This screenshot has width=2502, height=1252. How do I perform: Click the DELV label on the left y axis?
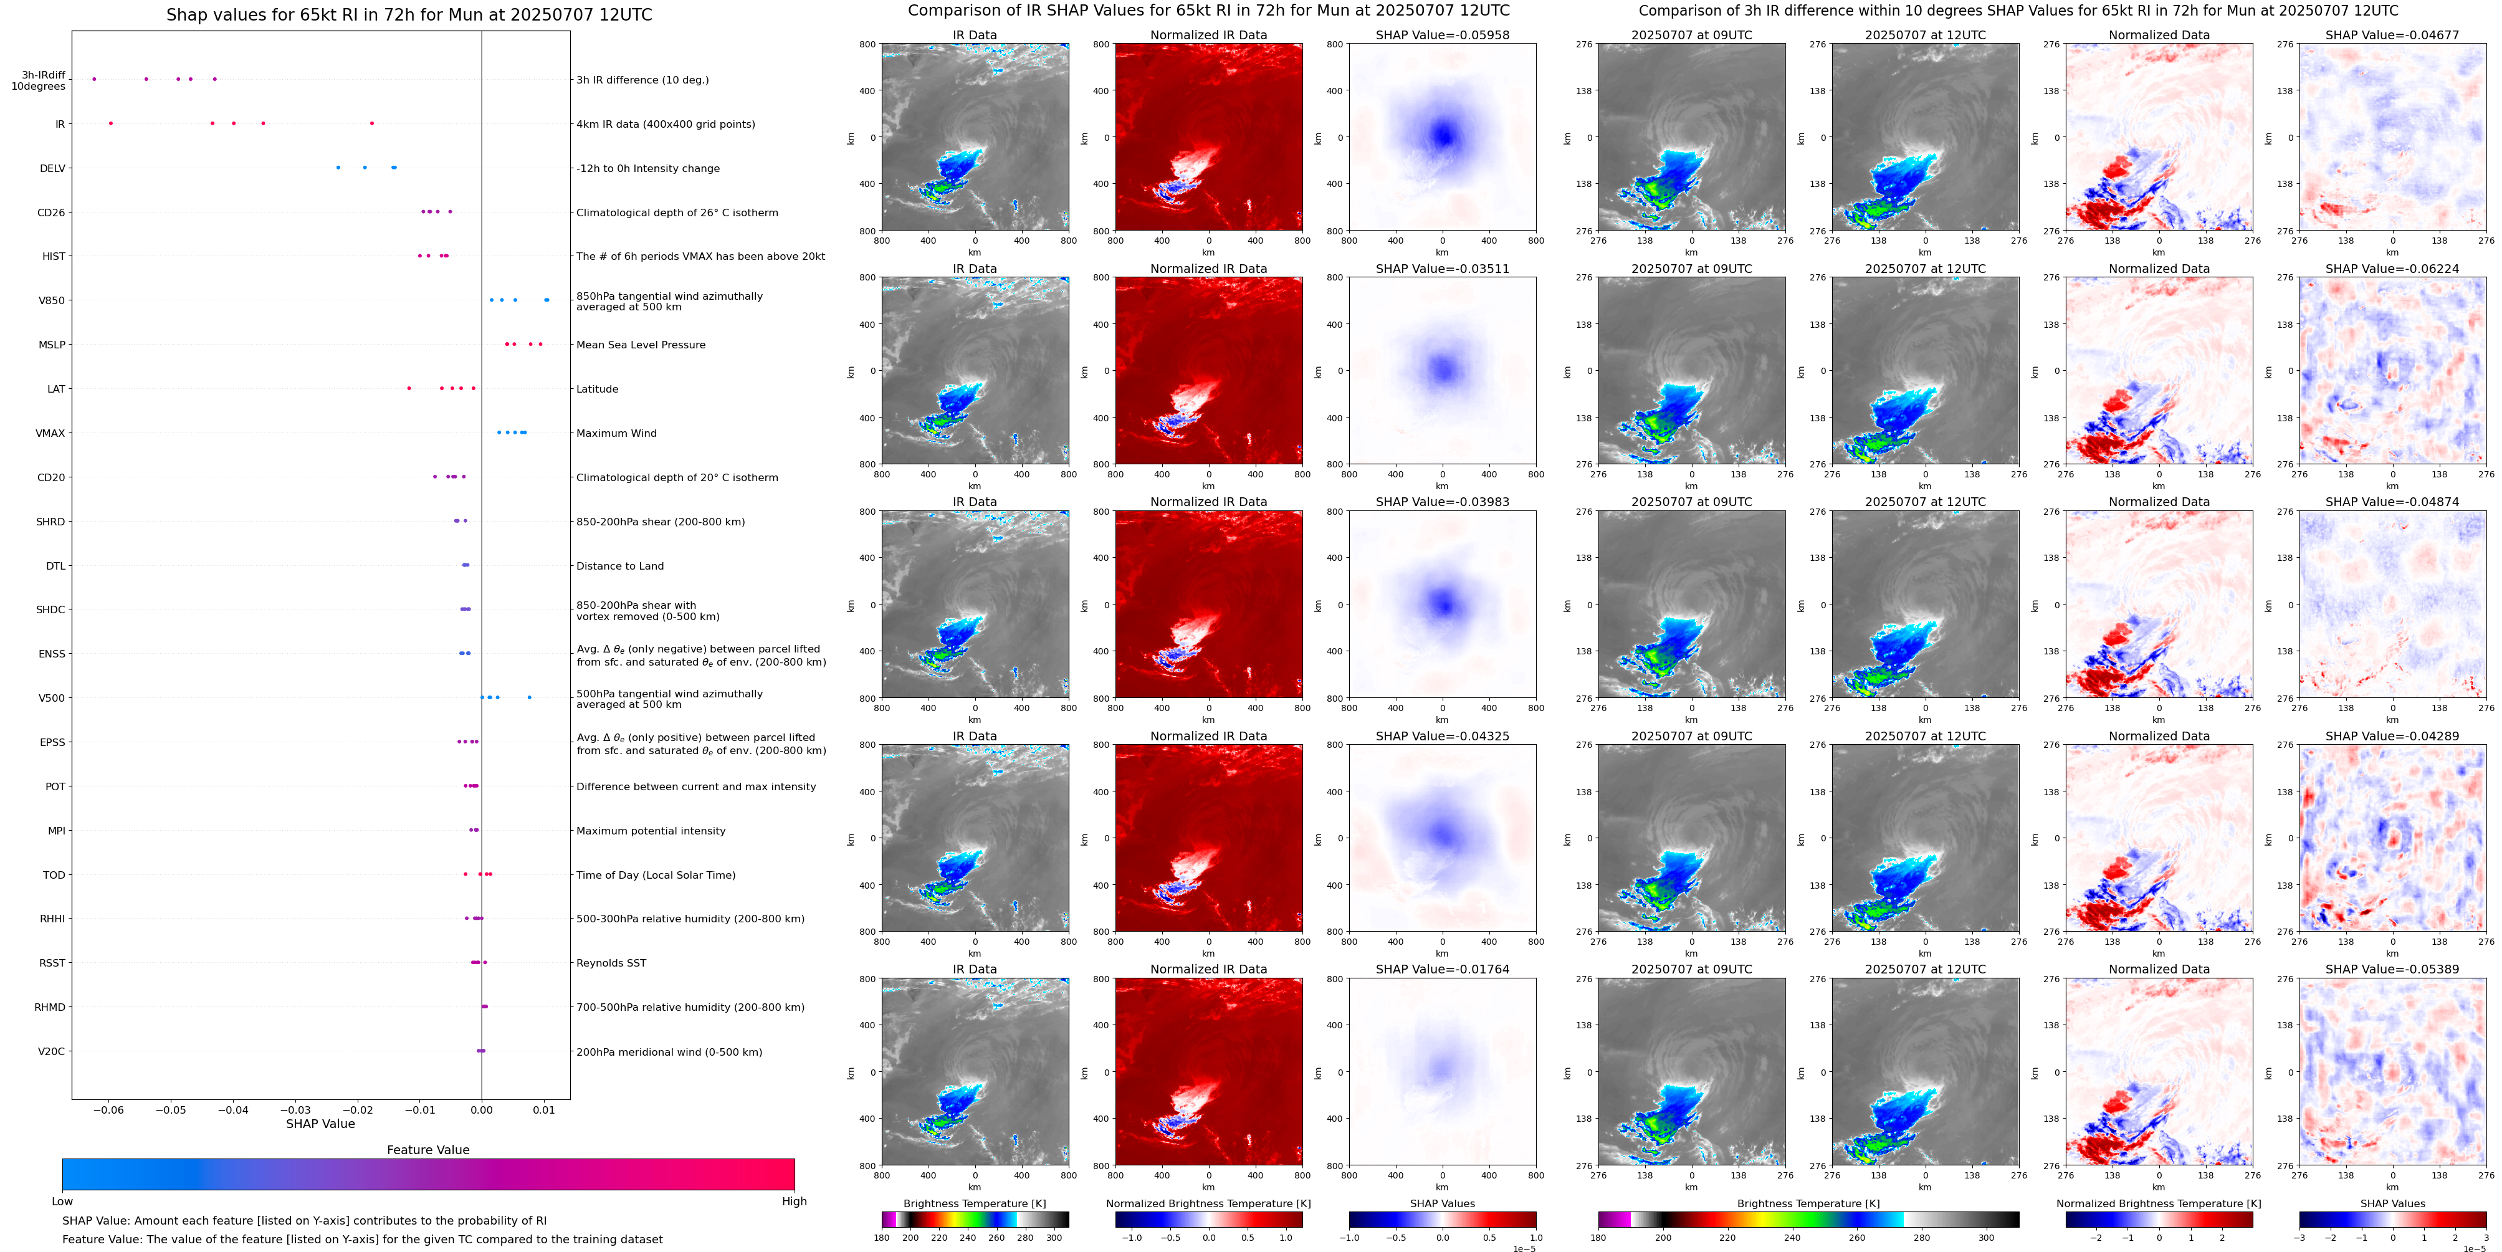[x=52, y=168]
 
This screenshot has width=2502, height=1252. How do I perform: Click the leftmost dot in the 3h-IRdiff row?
[x=94, y=79]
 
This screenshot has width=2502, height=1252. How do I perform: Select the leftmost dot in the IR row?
[x=111, y=123]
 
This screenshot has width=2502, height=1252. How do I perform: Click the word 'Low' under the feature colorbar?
[x=62, y=1202]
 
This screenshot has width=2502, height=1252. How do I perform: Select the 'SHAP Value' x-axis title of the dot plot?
[x=320, y=1124]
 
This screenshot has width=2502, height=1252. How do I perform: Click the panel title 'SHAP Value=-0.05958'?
[x=1443, y=35]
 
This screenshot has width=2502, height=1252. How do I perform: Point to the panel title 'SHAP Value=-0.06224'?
[x=2392, y=269]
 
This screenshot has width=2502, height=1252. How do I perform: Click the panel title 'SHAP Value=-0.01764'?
[x=1443, y=969]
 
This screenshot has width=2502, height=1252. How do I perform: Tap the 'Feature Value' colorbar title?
[x=427, y=1150]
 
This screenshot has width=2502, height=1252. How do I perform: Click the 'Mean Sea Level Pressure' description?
[x=640, y=345]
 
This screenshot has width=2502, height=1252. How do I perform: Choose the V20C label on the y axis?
[x=52, y=1051]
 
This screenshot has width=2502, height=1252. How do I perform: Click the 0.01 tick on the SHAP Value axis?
[x=544, y=1109]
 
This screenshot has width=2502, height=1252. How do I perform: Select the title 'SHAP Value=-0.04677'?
[x=2392, y=35]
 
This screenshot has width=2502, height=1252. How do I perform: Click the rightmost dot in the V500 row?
[x=529, y=697]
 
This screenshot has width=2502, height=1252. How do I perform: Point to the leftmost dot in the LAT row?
[x=409, y=388]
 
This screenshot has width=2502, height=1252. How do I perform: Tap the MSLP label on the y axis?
[x=52, y=345]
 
